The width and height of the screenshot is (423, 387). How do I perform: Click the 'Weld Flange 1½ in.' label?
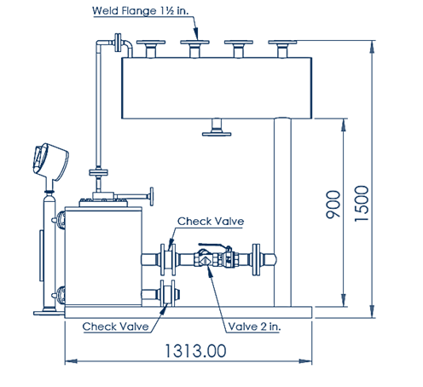tap(140, 11)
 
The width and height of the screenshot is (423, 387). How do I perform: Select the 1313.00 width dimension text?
tap(195, 350)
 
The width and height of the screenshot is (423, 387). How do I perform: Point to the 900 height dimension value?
tap(333, 205)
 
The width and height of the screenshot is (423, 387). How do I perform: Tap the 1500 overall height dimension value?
tap(362, 203)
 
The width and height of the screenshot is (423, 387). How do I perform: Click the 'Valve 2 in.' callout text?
tap(254, 326)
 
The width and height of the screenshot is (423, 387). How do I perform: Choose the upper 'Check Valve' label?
tap(211, 221)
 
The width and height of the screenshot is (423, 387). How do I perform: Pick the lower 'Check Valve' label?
tap(115, 326)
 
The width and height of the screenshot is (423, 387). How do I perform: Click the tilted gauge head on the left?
tap(50, 162)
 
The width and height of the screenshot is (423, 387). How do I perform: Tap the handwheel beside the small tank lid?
tap(152, 196)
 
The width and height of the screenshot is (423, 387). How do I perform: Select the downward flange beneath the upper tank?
tap(217, 127)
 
